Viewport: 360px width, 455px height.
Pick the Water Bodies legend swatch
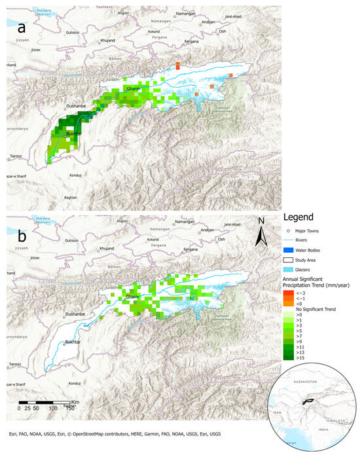pyautogui.click(x=289, y=250)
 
